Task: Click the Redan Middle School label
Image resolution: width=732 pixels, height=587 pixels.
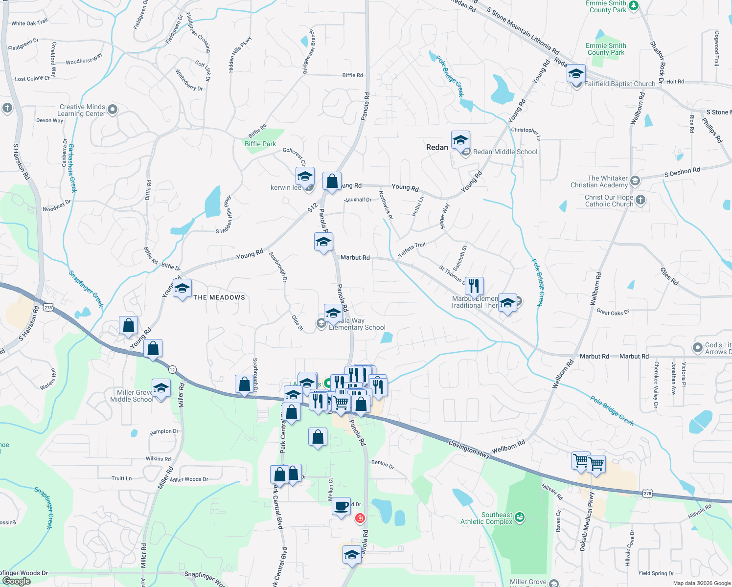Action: tap(505, 152)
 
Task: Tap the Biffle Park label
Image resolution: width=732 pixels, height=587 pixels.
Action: tap(260, 144)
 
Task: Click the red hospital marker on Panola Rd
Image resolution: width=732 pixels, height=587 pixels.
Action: tap(360, 518)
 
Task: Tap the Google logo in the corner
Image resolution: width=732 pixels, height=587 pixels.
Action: tap(16, 581)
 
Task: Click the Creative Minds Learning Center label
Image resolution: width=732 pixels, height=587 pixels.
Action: tap(82, 110)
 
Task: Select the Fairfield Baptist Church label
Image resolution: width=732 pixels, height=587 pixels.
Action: tap(619, 84)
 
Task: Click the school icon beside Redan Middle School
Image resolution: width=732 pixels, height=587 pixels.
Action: tap(460, 141)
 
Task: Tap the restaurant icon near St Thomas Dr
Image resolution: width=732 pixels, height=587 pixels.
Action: tap(474, 286)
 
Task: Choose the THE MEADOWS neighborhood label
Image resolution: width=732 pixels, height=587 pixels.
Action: tap(219, 297)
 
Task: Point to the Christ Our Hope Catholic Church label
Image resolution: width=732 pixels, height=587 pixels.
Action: tap(609, 201)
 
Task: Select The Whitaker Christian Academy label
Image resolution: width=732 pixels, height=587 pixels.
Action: tap(600, 181)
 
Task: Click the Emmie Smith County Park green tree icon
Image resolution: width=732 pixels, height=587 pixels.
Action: tap(634, 6)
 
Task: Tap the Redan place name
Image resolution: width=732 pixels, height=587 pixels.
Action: tap(437, 147)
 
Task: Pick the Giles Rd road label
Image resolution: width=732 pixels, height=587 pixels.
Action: tap(669, 276)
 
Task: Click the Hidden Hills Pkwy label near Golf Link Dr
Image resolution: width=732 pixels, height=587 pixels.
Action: tap(240, 54)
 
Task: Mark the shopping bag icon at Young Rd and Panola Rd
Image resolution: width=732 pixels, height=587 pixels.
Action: tap(332, 182)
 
